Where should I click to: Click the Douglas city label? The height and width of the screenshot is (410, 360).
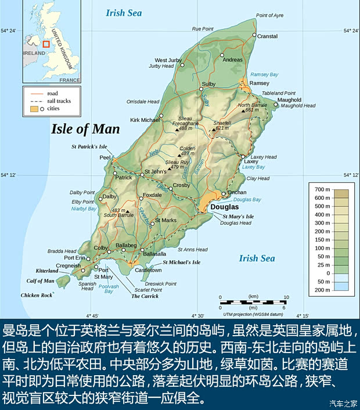tap(224, 207)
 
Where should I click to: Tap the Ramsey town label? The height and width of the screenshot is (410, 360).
tap(260, 83)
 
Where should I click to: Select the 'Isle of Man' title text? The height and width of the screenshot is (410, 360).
tap(85, 129)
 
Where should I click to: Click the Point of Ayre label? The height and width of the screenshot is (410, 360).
tap(269, 15)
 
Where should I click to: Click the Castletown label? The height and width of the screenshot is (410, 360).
tap(148, 270)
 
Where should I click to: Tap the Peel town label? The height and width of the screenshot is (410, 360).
tap(105, 157)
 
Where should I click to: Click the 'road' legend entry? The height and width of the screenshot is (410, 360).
tap(53, 93)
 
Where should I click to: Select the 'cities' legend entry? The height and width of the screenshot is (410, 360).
tap(53, 109)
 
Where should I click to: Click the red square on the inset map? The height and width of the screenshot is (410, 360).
tap(46, 44)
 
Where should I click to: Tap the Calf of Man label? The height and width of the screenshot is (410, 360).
tap(41, 281)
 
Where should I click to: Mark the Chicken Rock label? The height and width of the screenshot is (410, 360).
tap(37, 296)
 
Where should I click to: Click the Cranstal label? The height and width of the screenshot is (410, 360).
tap(267, 36)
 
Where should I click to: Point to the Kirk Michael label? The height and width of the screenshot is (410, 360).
tap(145, 120)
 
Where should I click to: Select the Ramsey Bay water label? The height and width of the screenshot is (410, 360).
tap(264, 75)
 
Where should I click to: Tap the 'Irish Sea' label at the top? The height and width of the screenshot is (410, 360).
tap(123, 13)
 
